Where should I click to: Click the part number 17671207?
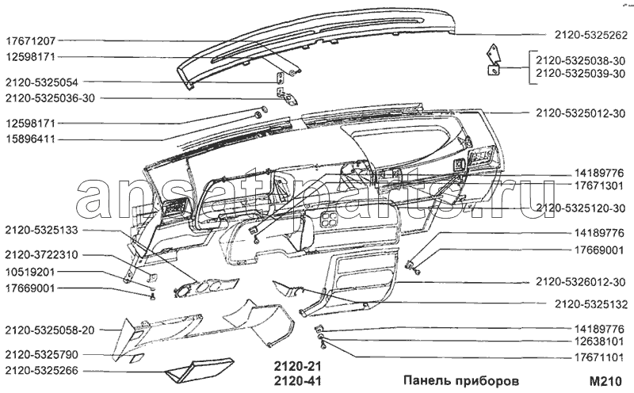point(30,41)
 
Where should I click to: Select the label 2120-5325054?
point(42,82)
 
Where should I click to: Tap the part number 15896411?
point(30,139)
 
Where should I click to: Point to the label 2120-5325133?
point(42,231)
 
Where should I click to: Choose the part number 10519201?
point(30,272)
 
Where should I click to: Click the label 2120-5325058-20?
point(50,330)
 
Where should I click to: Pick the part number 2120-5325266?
point(42,371)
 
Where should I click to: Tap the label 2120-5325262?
point(590,36)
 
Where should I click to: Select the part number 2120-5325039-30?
point(581,74)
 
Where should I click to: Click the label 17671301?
point(599,185)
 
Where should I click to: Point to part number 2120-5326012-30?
point(581,282)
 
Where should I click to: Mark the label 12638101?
point(599,341)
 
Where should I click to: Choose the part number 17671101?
point(599,358)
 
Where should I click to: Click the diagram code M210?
point(605,381)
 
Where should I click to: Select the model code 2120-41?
point(298,381)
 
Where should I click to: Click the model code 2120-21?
point(298,366)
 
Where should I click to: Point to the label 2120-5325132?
point(591,304)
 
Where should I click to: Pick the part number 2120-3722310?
point(42,255)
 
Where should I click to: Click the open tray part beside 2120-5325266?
point(199,370)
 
